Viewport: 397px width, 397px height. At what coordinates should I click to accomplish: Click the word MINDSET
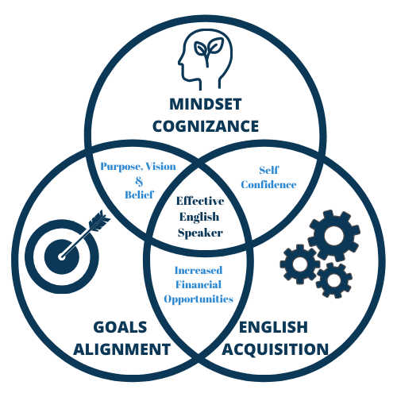[206, 104]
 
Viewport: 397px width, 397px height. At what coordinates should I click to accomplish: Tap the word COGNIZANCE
[206, 126]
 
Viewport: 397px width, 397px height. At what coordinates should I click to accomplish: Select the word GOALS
[120, 327]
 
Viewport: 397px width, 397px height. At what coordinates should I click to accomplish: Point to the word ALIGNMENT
[121, 349]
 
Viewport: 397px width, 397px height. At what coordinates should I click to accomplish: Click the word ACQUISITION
[276, 349]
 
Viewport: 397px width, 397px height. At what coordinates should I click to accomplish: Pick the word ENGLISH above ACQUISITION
[273, 327]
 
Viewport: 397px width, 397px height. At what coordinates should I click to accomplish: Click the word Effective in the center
[200, 201]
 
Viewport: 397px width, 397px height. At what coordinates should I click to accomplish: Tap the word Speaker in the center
[200, 233]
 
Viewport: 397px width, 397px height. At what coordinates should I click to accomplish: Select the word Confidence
[268, 184]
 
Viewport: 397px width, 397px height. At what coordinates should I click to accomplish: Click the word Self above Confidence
[269, 170]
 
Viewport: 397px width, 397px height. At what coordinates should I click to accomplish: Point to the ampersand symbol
[139, 181]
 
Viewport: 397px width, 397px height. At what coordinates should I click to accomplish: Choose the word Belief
[139, 195]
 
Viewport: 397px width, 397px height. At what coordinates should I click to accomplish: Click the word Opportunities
[198, 299]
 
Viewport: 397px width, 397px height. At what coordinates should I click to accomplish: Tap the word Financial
[198, 284]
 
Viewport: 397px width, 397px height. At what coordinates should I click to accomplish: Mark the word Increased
[198, 270]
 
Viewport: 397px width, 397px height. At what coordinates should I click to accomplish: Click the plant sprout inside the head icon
[208, 50]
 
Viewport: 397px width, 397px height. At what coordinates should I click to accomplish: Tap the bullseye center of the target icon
[61, 256]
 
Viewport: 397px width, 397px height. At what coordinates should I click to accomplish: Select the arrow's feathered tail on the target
[99, 220]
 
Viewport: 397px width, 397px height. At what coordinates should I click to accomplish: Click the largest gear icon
[334, 235]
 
